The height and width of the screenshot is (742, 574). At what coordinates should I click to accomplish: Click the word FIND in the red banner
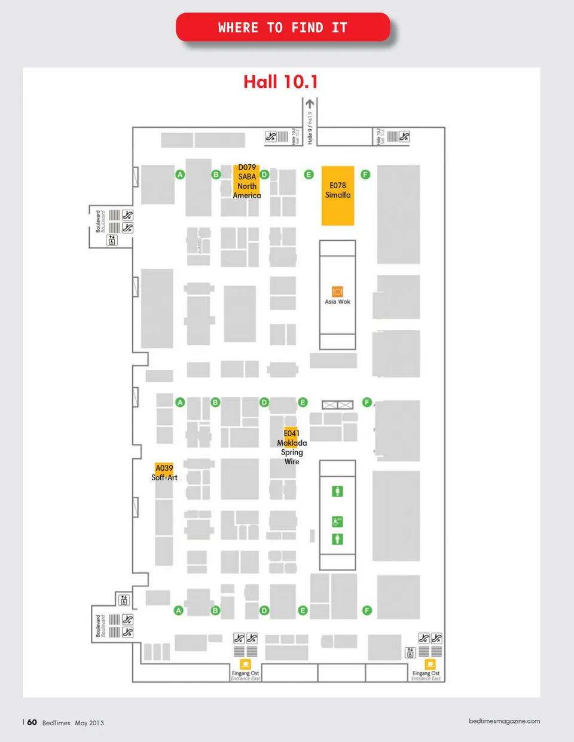click(307, 27)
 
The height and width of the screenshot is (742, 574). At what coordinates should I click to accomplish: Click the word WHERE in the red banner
click(238, 27)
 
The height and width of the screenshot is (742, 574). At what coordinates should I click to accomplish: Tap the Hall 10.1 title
click(280, 82)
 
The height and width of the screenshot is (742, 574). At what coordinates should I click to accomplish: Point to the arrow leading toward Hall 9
click(310, 104)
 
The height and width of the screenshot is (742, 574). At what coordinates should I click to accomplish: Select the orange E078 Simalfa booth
click(338, 196)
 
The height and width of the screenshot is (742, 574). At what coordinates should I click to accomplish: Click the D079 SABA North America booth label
click(247, 182)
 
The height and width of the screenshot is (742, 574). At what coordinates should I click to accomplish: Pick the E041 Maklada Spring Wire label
click(292, 447)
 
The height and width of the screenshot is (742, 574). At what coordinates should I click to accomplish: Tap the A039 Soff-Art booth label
click(164, 473)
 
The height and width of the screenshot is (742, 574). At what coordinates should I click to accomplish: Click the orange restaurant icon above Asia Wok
click(337, 292)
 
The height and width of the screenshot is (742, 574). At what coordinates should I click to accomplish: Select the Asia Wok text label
click(337, 302)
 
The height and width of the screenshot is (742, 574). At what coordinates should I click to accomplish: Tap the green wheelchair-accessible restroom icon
click(337, 522)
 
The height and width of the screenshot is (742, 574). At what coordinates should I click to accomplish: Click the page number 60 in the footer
click(32, 722)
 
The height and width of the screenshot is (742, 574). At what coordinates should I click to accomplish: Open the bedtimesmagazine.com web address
click(504, 721)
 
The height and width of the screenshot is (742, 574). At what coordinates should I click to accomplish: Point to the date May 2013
click(89, 723)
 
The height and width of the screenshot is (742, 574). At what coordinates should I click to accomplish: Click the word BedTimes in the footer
click(56, 723)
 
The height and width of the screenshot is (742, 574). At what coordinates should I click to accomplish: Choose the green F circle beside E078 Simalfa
click(365, 174)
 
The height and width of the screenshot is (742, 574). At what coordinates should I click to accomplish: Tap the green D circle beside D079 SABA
click(264, 174)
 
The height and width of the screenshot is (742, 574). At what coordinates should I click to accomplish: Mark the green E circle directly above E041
click(303, 402)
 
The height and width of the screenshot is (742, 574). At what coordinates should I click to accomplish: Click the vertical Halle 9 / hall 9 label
click(310, 128)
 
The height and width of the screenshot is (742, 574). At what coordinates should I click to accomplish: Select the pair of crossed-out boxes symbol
click(337, 405)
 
